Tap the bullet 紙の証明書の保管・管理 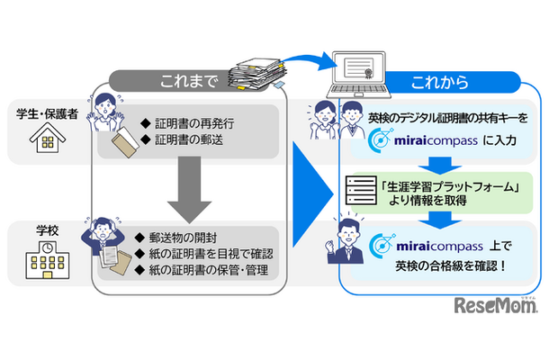click(x=209, y=272)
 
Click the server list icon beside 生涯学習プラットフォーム click(x=358, y=190)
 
